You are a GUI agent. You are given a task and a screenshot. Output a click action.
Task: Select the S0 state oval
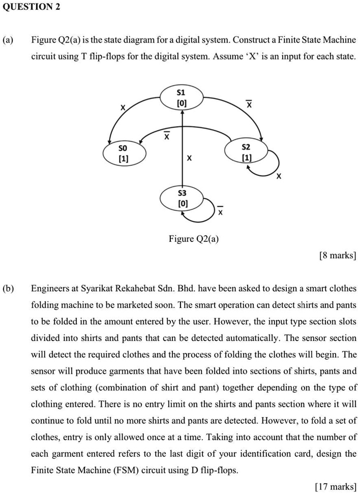(124, 153)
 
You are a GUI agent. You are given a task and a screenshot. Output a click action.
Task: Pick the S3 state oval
(182, 198)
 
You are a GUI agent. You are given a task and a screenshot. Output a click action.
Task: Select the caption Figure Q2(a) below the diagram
(194, 239)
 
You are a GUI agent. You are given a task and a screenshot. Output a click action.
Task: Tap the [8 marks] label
(337, 256)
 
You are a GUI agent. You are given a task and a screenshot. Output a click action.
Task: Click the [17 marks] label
(335, 486)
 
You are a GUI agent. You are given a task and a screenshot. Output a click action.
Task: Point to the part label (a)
(8, 40)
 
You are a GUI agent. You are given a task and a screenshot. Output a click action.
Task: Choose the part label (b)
(8, 289)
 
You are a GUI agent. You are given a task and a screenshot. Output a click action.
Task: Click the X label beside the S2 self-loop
(278, 177)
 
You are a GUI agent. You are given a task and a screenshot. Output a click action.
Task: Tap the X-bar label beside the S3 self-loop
(220, 210)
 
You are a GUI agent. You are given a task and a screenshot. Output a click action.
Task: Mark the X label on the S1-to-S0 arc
(122, 107)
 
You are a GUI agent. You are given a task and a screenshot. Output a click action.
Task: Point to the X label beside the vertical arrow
(189, 159)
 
